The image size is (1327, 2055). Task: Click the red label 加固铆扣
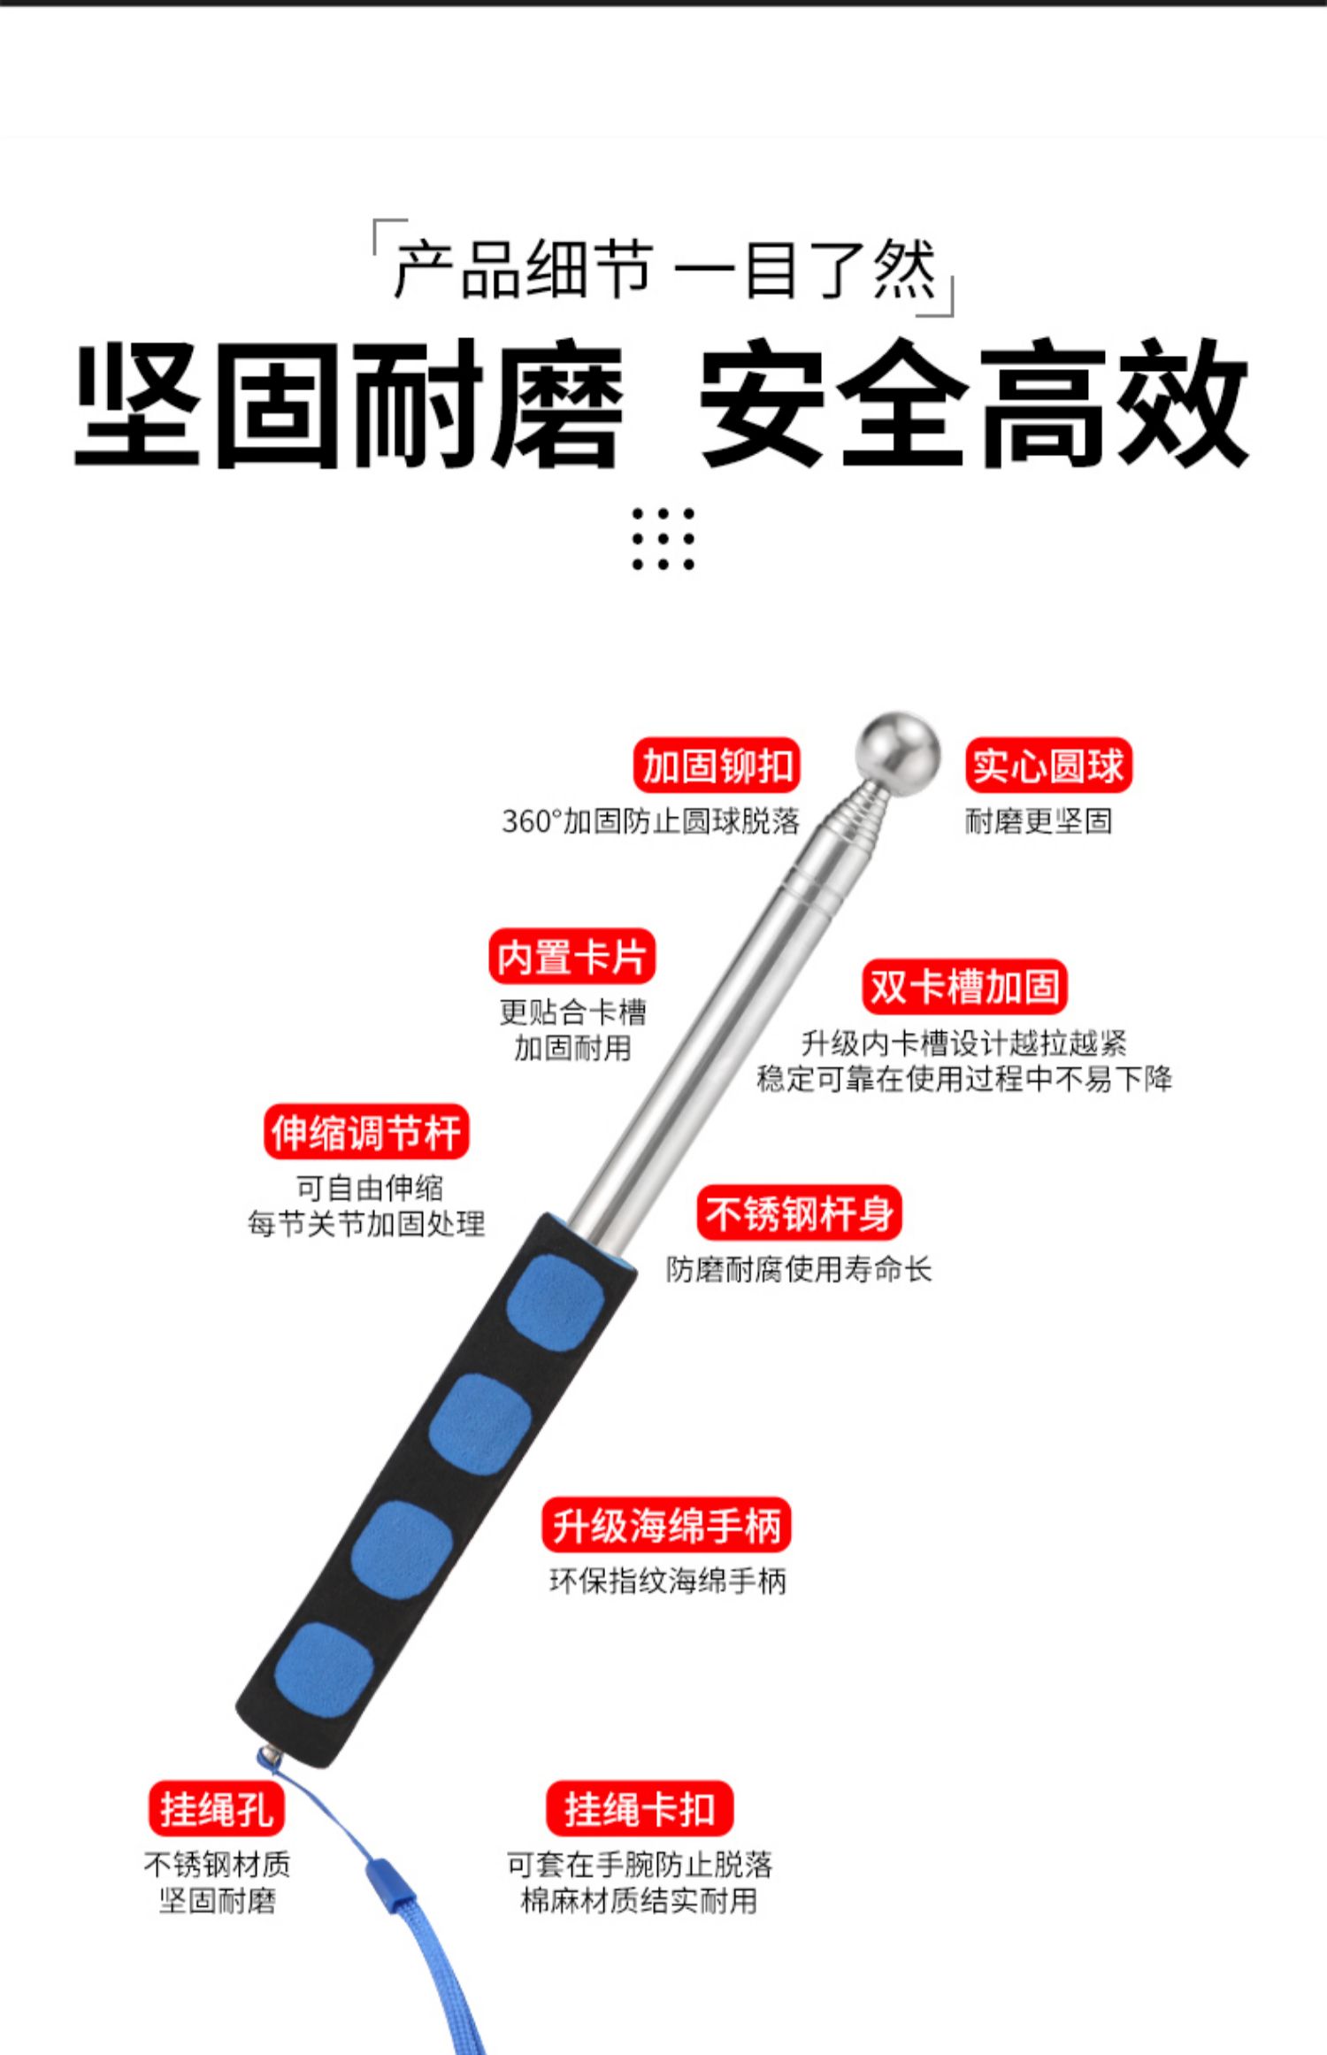pos(717,766)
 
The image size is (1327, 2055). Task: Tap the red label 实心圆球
pos(1048,766)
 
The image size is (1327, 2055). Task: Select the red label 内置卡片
pos(571,957)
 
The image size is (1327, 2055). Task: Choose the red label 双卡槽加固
pos(964,987)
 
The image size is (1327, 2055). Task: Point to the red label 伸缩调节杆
pos(366,1132)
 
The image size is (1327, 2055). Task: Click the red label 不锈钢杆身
pos(799,1213)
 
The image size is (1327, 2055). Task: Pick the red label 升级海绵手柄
pos(666,1525)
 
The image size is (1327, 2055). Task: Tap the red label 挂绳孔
pos(217,1808)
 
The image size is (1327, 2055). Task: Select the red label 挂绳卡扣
pos(640,1808)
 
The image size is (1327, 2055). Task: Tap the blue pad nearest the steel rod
pos(556,1301)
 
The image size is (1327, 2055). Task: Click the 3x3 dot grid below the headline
pos(663,539)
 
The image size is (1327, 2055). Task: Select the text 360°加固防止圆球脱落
pos(650,821)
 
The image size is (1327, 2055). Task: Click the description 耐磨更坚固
pos(1038,821)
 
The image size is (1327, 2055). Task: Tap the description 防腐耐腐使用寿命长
pos(799,1269)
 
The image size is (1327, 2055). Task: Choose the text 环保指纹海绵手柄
pos(668,1581)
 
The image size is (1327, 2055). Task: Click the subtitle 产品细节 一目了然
pos(663,268)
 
